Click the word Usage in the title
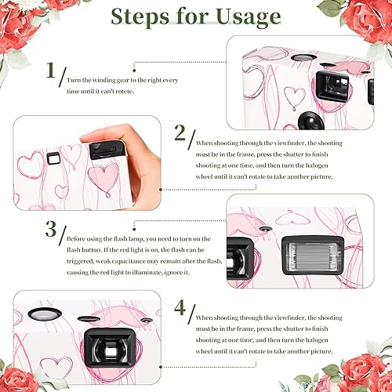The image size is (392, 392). click(x=241, y=17)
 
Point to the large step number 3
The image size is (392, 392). click(x=51, y=230)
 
